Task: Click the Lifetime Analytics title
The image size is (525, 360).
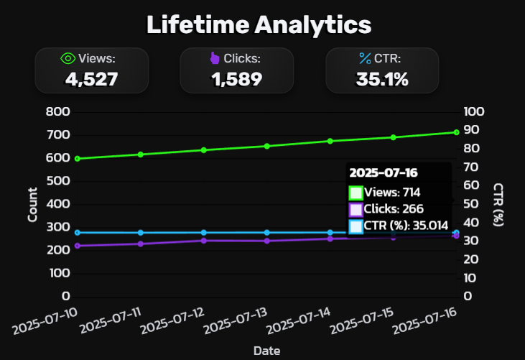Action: point(259,24)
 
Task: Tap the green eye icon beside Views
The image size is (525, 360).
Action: point(68,59)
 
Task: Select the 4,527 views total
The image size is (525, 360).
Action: point(91,79)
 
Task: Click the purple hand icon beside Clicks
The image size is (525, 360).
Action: point(215,59)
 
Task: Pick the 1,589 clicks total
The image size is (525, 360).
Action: point(236,79)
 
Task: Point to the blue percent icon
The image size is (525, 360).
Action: point(364,59)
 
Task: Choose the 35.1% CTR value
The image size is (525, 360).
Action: point(382,79)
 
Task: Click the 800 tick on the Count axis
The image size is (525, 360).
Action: point(57,112)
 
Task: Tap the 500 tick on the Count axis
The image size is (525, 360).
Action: point(57,181)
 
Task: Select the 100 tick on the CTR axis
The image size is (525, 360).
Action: point(475,112)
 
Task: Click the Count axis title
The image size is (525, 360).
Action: point(33,204)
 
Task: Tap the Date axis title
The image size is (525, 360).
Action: point(266,350)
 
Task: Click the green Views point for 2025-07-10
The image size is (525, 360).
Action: point(78,159)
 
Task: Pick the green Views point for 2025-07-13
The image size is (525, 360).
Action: point(267,146)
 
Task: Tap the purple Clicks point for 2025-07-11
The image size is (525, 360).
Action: point(141,244)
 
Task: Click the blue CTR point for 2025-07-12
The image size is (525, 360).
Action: point(204,232)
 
